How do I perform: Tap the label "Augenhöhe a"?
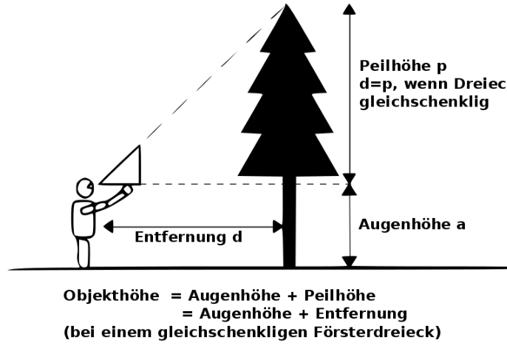coord(412,223)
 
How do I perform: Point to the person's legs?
coord(83,251)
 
